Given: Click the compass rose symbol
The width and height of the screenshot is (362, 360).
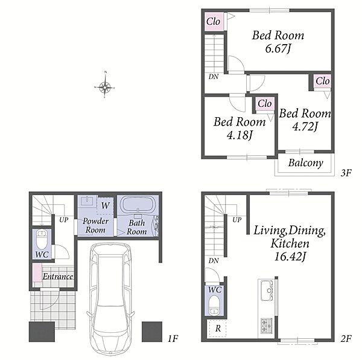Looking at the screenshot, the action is tap(104, 87).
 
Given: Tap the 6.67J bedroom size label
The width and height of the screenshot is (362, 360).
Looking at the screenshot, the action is tap(278, 48).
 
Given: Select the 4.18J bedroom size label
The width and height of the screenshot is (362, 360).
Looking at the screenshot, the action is tap(239, 135).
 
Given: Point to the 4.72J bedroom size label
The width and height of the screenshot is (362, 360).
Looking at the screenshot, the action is tap(305, 126).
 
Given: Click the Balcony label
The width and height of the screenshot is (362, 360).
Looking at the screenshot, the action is tap(306, 163).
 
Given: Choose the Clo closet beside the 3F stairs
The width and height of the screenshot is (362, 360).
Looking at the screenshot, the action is tap(214, 22).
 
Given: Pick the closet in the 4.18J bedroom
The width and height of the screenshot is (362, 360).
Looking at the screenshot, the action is tap(265, 104).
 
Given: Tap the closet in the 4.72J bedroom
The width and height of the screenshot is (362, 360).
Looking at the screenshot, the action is tap(323, 81).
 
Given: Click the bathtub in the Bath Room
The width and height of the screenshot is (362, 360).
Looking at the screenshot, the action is tap(138, 204).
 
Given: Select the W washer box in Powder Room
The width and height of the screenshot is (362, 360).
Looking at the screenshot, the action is tap(105, 205).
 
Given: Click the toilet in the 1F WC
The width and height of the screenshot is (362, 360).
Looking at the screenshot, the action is tap(42, 239).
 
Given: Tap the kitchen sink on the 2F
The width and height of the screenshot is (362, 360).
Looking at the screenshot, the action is tap(267, 290).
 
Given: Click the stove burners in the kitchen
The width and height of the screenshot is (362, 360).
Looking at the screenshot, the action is tap(267, 326).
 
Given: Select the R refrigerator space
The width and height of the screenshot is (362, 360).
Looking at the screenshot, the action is tap(217, 329).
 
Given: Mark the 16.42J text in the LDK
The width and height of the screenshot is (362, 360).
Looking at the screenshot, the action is tap(290, 257).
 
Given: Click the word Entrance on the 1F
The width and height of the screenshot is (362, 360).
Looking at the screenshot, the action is tap(58, 277).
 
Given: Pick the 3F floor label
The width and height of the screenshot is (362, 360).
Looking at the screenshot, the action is tap(346, 173).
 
